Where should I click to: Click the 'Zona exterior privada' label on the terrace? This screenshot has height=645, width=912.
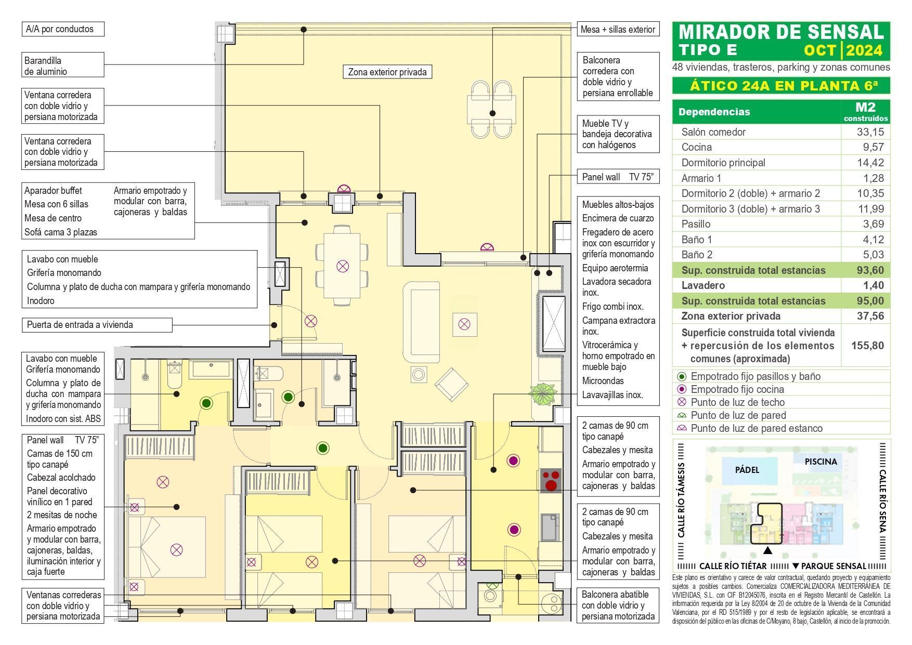[387, 72]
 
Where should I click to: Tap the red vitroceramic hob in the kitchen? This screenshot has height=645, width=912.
[551, 480]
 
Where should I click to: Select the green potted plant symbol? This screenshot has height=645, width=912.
[543, 394]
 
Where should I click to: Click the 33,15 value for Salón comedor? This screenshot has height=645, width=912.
[870, 132]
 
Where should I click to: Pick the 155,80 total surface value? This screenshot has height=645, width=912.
[867, 345]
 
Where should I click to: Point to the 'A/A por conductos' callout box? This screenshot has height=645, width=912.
[63, 29]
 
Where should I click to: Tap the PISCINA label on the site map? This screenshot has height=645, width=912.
[821, 462]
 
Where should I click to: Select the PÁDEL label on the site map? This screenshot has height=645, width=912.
[747, 470]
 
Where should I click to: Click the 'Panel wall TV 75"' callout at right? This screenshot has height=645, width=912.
[617, 177]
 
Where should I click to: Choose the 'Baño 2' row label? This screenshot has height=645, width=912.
[697, 255]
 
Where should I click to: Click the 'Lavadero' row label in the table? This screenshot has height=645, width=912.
[703, 285]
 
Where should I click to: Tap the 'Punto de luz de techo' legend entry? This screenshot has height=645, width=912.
[737, 402]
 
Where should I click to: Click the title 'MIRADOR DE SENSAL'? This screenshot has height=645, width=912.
[781, 32]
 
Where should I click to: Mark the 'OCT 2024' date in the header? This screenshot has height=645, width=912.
[843, 50]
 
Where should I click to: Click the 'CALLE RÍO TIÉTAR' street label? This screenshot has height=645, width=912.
[733, 566]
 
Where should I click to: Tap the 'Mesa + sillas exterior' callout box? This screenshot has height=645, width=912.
[618, 30]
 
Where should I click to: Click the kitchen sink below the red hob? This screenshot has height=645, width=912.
[550, 526]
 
